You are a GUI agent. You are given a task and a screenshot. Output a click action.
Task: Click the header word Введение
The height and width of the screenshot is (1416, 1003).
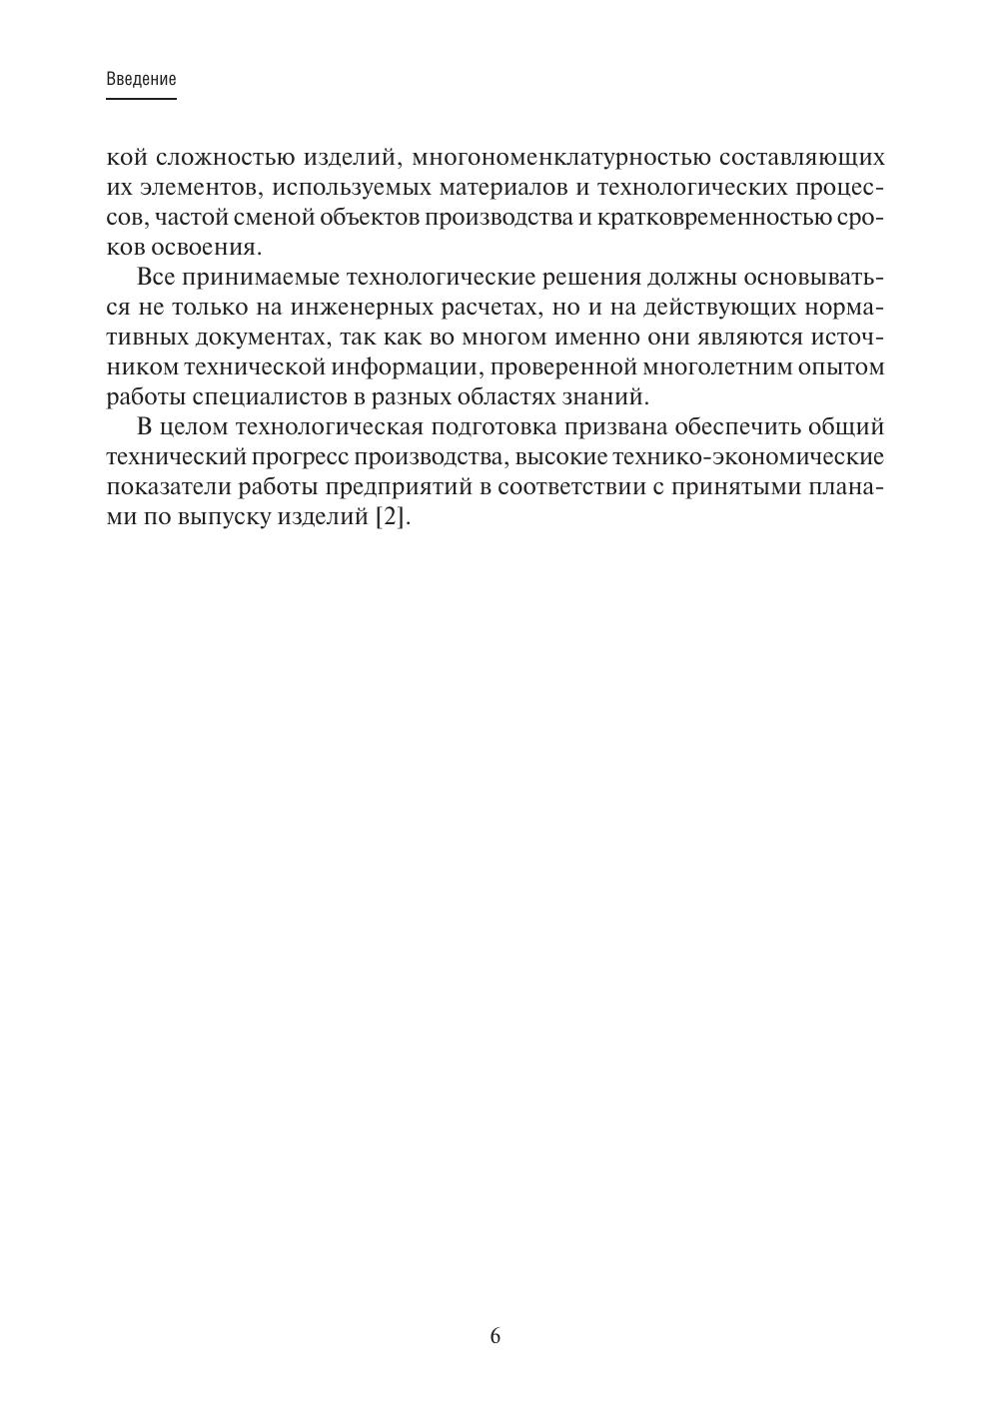pyautogui.click(x=141, y=80)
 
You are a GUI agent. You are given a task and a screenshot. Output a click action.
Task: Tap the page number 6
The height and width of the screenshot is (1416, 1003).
pyautogui.click(x=496, y=1336)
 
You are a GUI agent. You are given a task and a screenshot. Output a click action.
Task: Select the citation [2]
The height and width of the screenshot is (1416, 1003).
pyautogui.click(x=393, y=518)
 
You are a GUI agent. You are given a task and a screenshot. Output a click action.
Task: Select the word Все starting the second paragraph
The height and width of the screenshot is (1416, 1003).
pyautogui.click(x=156, y=278)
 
